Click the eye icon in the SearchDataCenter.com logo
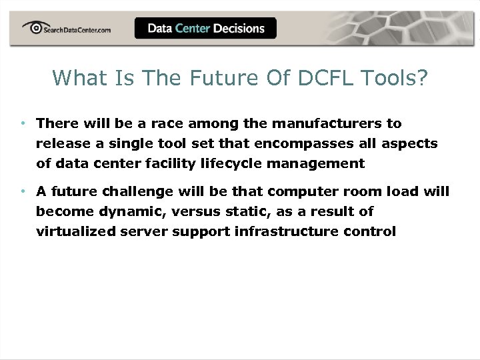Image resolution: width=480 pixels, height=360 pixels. (33, 27)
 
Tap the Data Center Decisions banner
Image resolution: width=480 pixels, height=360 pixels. (205, 28)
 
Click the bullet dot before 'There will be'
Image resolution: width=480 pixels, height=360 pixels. (23, 123)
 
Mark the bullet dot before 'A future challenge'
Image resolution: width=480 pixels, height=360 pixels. (23, 191)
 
